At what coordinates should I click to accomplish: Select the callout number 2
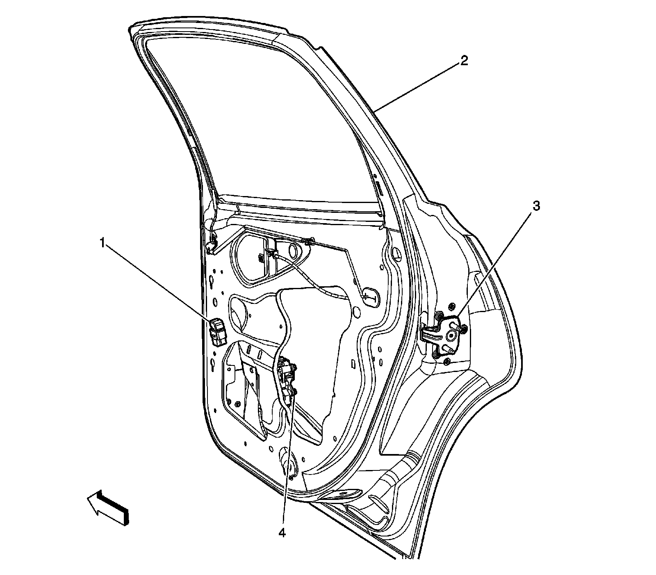pos(464,62)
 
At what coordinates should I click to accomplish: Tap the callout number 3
pos(536,206)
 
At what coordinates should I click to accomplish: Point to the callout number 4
pos(282,532)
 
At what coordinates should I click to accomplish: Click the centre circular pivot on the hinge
pos(451,335)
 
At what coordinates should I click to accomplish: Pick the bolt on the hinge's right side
pos(464,329)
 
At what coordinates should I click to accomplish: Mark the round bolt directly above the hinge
pos(451,307)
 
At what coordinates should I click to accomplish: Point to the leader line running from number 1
pos(160,283)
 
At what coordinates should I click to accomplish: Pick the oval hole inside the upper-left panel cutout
pos(294,251)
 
